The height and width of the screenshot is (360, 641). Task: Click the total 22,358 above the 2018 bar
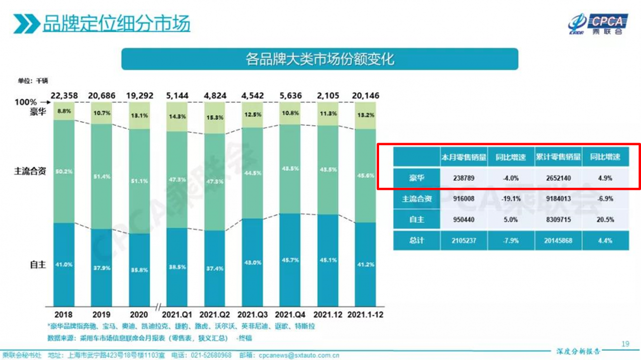tap(63, 95)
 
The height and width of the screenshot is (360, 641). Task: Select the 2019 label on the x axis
tap(101, 314)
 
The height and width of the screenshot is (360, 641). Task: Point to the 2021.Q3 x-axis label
tap(252, 314)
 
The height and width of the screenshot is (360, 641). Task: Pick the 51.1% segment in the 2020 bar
tap(139, 181)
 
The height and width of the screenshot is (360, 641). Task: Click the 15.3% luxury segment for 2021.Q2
tap(214, 117)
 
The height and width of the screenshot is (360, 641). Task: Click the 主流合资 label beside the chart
tap(30, 171)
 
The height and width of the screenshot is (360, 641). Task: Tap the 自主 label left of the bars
tap(38, 264)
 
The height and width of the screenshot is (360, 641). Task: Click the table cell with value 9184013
tap(558, 199)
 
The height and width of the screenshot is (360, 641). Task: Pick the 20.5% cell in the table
tap(605, 219)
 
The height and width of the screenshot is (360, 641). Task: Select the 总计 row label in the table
tap(416, 240)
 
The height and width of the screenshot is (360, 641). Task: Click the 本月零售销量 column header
tap(464, 157)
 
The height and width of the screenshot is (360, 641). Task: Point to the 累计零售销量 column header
tap(558, 157)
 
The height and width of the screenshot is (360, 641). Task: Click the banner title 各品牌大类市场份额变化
tap(319, 59)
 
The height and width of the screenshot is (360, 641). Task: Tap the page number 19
tap(624, 343)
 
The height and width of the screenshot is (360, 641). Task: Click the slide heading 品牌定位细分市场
tap(116, 24)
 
